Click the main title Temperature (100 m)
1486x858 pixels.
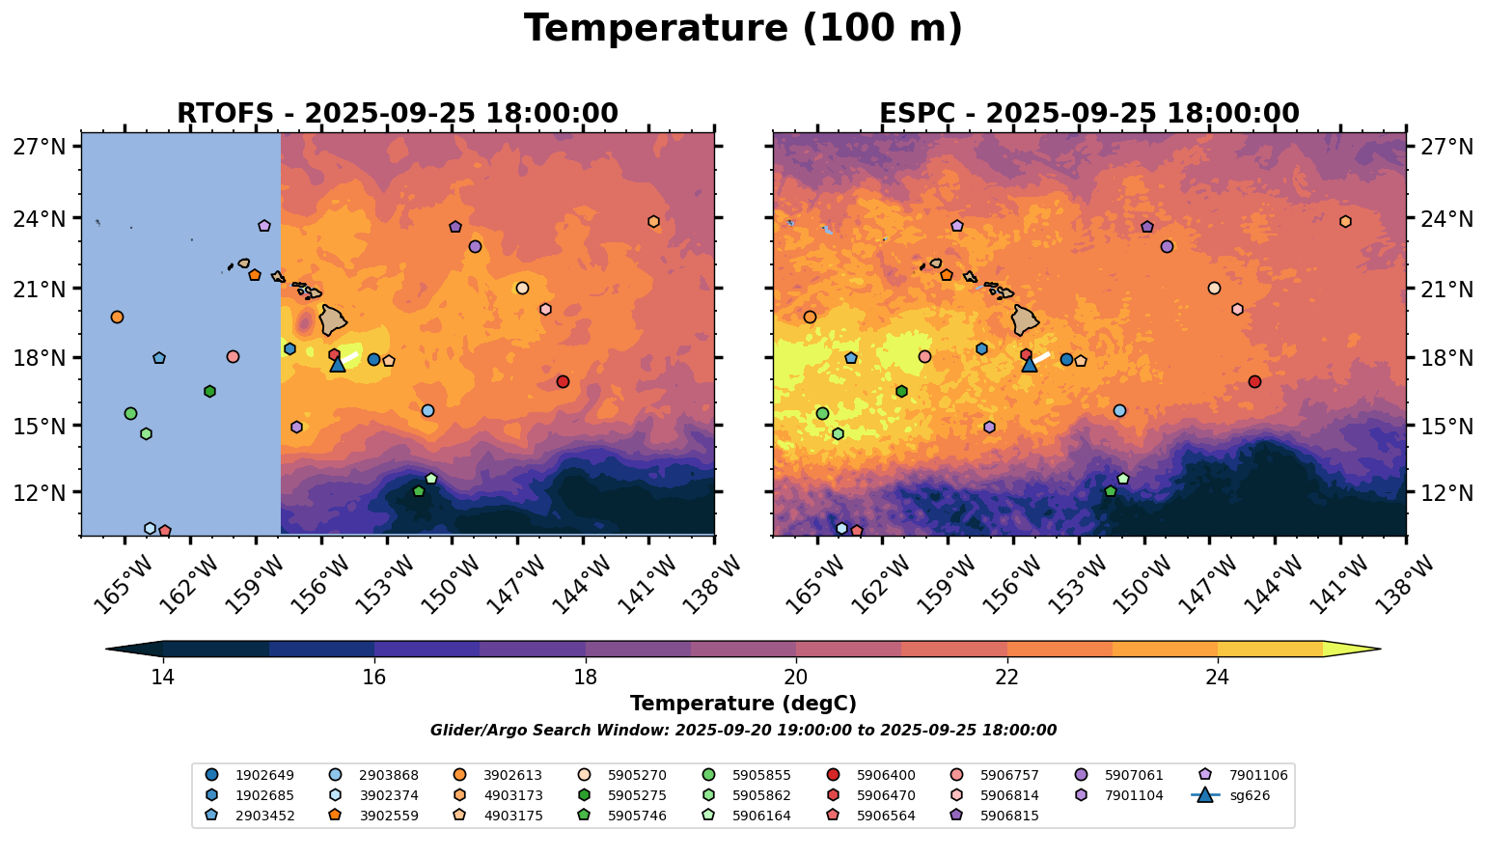[743, 29]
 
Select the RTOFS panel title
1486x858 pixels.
[397, 114]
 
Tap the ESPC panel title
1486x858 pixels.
[1088, 114]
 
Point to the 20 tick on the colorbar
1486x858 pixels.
[796, 677]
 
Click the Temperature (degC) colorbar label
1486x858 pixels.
[743, 704]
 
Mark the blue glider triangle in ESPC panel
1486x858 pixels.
[1029, 364]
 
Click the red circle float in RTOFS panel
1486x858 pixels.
[563, 381]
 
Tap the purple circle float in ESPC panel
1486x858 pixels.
[1167, 246]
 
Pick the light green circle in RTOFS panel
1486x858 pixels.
[130, 413]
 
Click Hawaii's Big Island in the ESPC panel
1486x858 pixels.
[1026, 318]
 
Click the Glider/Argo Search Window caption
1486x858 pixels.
[743, 731]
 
